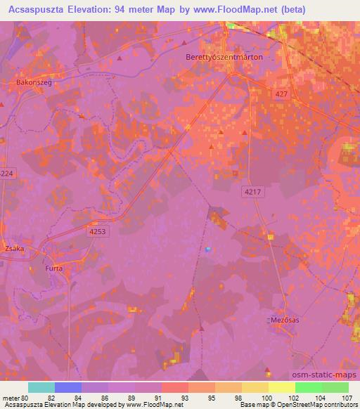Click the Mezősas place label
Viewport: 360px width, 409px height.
coord(285,320)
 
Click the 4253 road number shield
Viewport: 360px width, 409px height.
coord(98,230)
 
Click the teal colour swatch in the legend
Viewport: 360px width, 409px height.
coord(41,387)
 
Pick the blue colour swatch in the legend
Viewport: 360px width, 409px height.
coord(68,387)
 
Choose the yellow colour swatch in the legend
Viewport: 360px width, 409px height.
coord(281,387)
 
